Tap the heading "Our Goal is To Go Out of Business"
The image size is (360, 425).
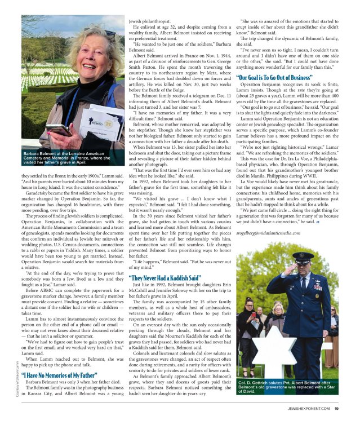point(274,77)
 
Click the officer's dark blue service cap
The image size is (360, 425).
point(303,258)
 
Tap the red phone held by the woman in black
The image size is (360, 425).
point(253,313)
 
